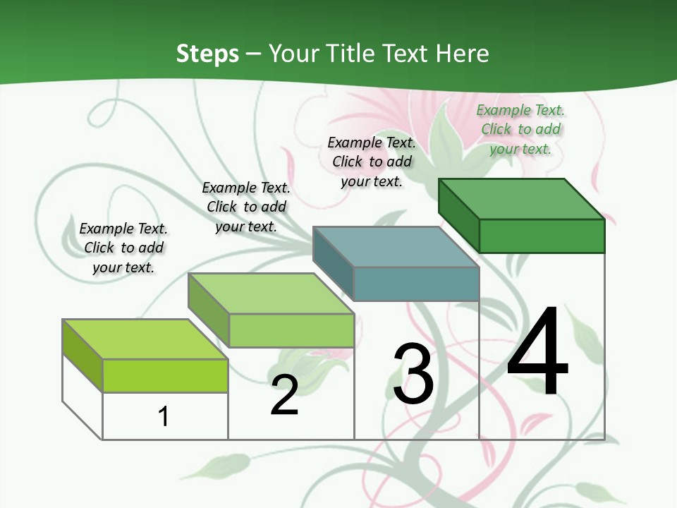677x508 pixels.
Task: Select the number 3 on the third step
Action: click(x=413, y=374)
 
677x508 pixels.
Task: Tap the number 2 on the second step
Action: click(x=285, y=395)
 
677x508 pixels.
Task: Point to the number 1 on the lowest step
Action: click(x=164, y=416)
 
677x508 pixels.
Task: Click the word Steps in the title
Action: click(x=207, y=54)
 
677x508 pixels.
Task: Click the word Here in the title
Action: click(x=463, y=54)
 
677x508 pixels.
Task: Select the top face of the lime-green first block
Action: click(x=145, y=339)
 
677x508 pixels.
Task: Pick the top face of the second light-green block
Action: click(x=271, y=294)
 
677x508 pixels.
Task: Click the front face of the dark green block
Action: click(x=542, y=236)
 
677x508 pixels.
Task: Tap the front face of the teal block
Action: click(x=416, y=284)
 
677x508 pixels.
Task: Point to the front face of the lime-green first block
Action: click(x=165, y=375)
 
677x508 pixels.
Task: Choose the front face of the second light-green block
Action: click(x=291, y=330)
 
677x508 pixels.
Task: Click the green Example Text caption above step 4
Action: click(x=520, y=129)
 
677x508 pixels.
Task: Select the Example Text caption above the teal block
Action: click(x=372, y=162)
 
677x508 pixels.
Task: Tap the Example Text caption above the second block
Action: click(x=246, y=207)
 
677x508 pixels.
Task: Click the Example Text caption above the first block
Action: click(x=123, y=248)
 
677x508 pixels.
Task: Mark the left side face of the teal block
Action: click(x=333, y=262)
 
